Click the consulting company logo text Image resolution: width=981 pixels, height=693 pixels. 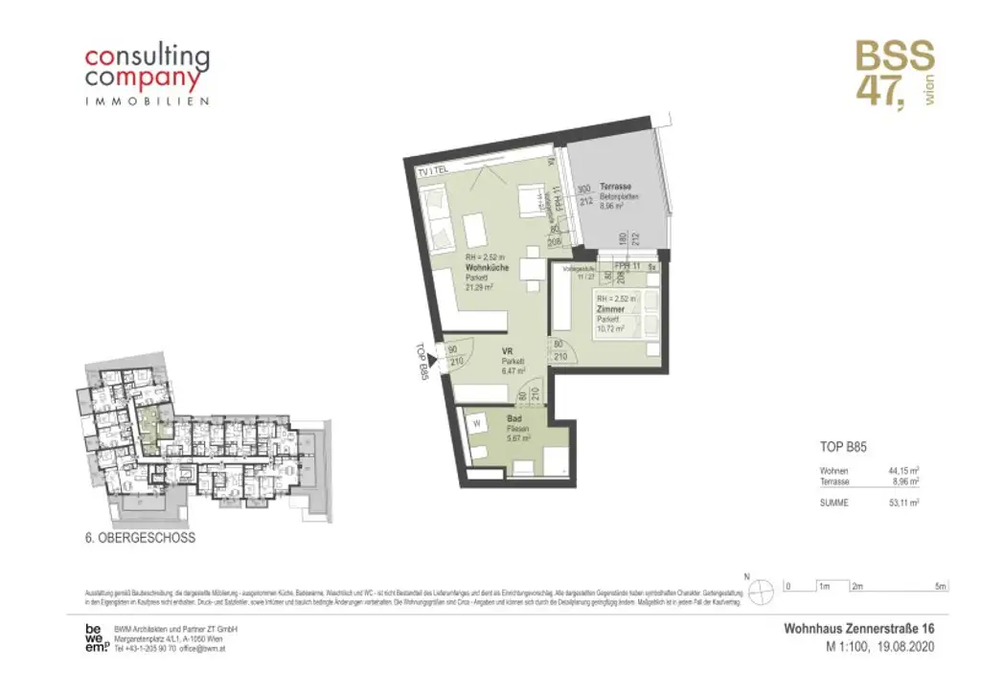point(147,68)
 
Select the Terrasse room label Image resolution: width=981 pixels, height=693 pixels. point(616,186)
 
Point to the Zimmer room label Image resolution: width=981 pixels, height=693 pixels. point(609,309)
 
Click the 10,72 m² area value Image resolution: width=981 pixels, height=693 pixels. point(610,328)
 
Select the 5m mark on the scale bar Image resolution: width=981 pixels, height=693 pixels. point(941,586)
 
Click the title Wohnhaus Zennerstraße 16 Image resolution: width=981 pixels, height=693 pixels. point(858,628)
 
